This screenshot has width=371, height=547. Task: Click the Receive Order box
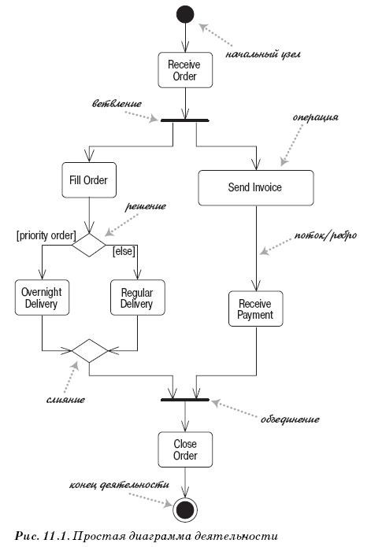184,70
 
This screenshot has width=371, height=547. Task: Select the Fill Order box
89,179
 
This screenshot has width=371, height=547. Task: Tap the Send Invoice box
255,187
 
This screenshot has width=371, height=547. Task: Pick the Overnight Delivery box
42,298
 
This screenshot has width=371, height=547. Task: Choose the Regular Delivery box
136,298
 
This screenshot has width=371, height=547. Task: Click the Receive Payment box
255,309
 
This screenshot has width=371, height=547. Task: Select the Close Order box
184,450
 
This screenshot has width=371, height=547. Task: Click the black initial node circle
184,13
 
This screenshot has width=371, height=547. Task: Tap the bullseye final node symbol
184,509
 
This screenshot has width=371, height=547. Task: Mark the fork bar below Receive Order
184,120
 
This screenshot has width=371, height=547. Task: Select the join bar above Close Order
184,400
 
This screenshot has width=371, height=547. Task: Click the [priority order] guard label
46,235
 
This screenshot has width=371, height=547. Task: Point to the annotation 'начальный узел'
263,55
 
